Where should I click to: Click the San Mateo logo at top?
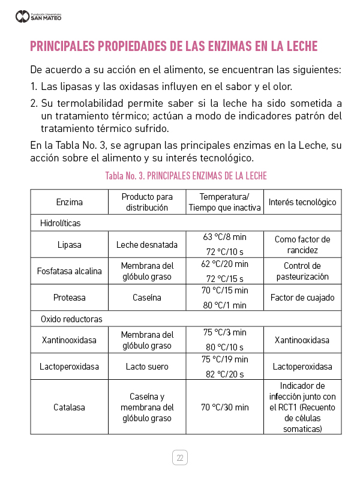[x=38, y=16]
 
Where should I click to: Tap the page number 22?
[x=179, y=458]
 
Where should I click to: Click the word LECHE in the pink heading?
[x=294, y=46]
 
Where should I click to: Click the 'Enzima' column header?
[x=70, y=202]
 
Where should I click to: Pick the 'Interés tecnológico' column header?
[x=302, y=202]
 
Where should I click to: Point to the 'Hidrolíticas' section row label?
[x=60, y=223]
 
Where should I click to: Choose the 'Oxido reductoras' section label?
[x=71, y=319]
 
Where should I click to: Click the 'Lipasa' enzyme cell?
[x=70, y=245]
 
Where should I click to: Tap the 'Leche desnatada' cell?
[x=147, y=245]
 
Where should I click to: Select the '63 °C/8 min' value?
[x=225, y=236]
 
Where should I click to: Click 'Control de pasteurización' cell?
[x=302, y=271]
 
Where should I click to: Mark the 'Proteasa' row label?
[x=70, y=298]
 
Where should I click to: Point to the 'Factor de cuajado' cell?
[x=302, y=298]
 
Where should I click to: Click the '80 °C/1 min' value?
[x=225, y=305]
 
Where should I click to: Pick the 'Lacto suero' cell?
[x=147, y=367]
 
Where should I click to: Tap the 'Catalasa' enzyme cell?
[x=70, y=407]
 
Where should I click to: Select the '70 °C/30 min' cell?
[x=225, y=407]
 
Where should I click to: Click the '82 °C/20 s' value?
[x=225, y=374]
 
